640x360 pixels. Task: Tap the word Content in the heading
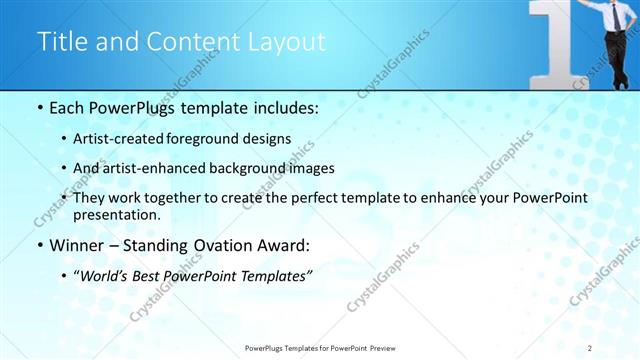pos(189,42)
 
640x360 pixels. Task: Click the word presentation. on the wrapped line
pos(116,214)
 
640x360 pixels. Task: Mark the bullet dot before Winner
pos(39,246)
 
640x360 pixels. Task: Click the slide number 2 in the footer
pos(590,347)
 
